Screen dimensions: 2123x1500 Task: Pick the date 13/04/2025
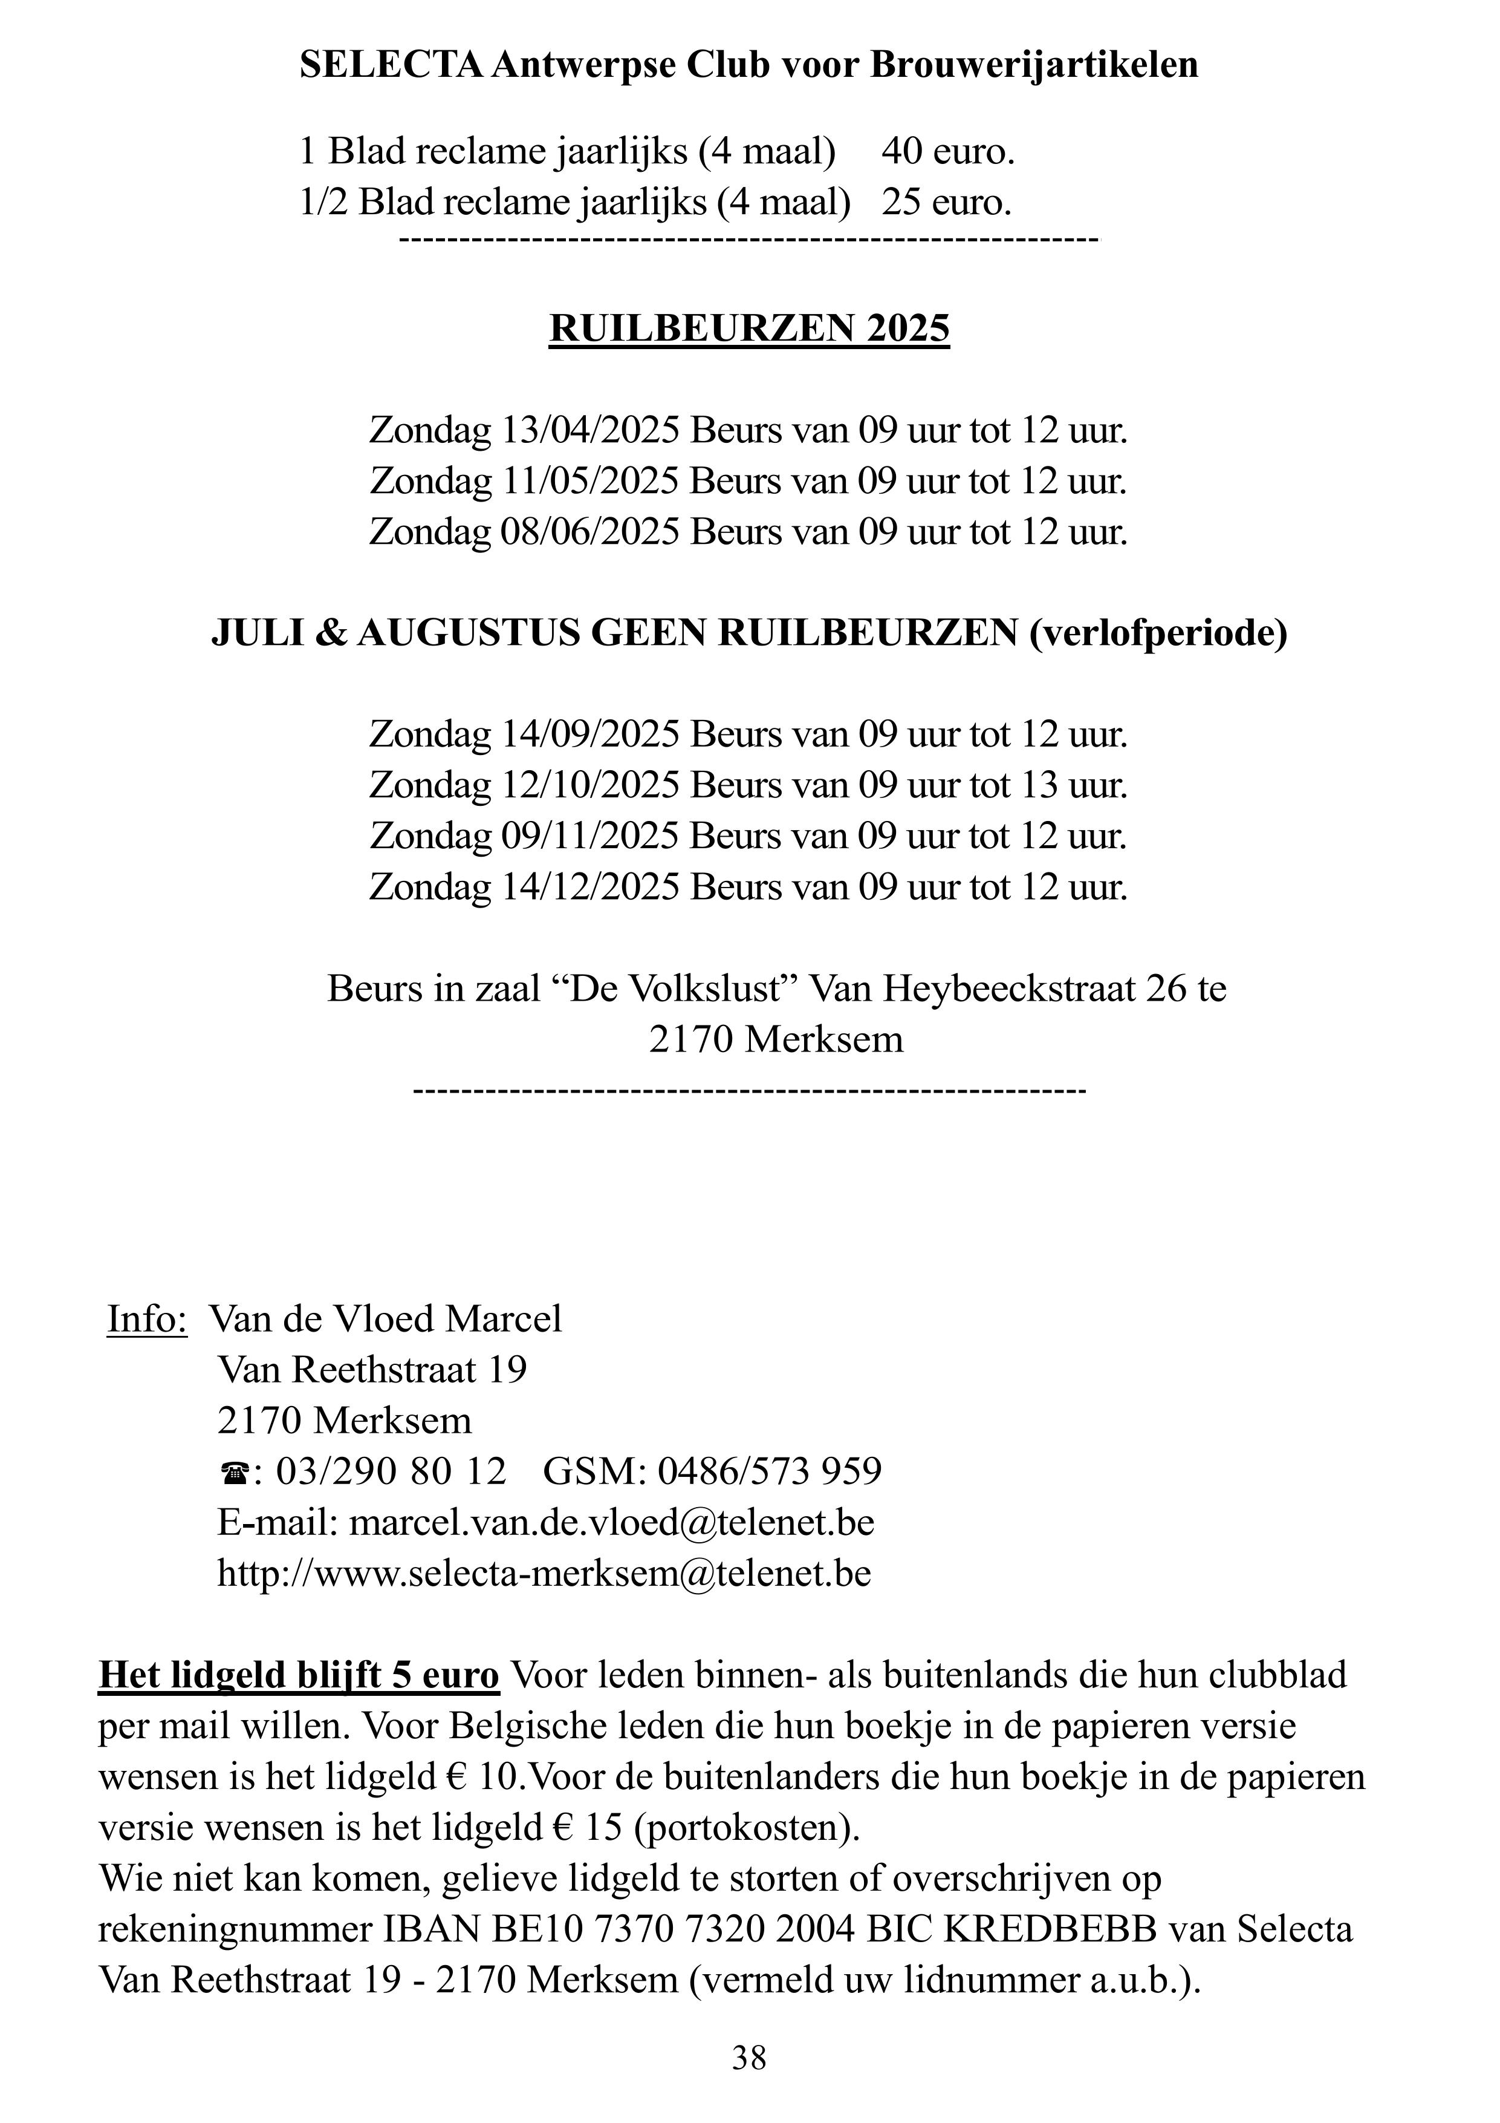(589, 431)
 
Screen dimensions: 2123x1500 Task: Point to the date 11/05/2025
(589, 482)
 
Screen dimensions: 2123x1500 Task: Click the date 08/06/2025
(589, 532)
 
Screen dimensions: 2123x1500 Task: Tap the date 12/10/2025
(589, 786)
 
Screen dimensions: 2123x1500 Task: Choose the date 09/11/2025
(589, 837)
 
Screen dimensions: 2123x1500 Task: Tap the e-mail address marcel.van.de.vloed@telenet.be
(611, 1523)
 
